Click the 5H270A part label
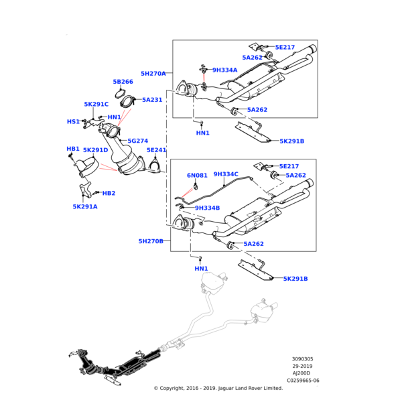click(x=153, y=74)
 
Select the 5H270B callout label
click(x=151, y=241)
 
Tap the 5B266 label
click(x=123, y=82)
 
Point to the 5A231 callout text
click(x=152, y=100)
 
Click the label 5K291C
click(x=96, y=105)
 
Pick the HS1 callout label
click(x=73, y=122)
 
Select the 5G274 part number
click(x=137, y=141)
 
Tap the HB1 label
click(x=73, y=149)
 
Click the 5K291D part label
click(x=95, y=151)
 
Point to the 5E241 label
click(x=156, y=151)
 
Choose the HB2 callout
click(x=109, y=193)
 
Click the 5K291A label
click(x=85, y=206)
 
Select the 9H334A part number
click(x=225, y=70)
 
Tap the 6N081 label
click(x=197, y=176)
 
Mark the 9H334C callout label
click(x=226, y=174)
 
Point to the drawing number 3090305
click(x=302, y=359)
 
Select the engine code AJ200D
click(x=301, y=373)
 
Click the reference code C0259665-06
click(x=303, y=380)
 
